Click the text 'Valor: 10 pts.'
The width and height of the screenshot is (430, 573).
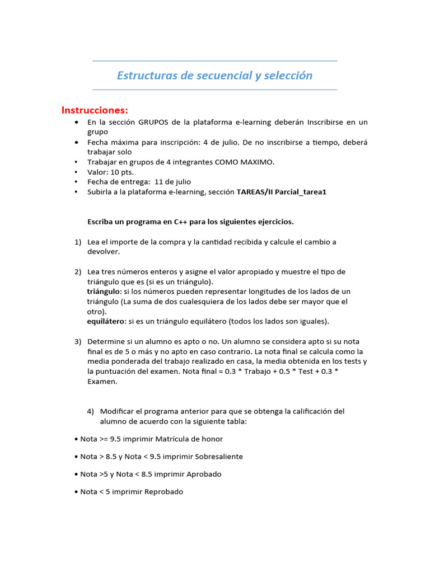point(110,172)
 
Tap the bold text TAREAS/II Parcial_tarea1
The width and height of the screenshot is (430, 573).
point(281,192)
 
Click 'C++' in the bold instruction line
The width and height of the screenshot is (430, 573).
point(180,222)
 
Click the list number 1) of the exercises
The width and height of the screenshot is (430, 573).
point(78,242)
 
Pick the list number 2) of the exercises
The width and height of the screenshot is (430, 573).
point(78,271)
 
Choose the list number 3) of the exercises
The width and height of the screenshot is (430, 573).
point(78,341)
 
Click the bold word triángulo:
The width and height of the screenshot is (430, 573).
point(104,292)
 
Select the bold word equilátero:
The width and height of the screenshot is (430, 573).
point(106,321)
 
